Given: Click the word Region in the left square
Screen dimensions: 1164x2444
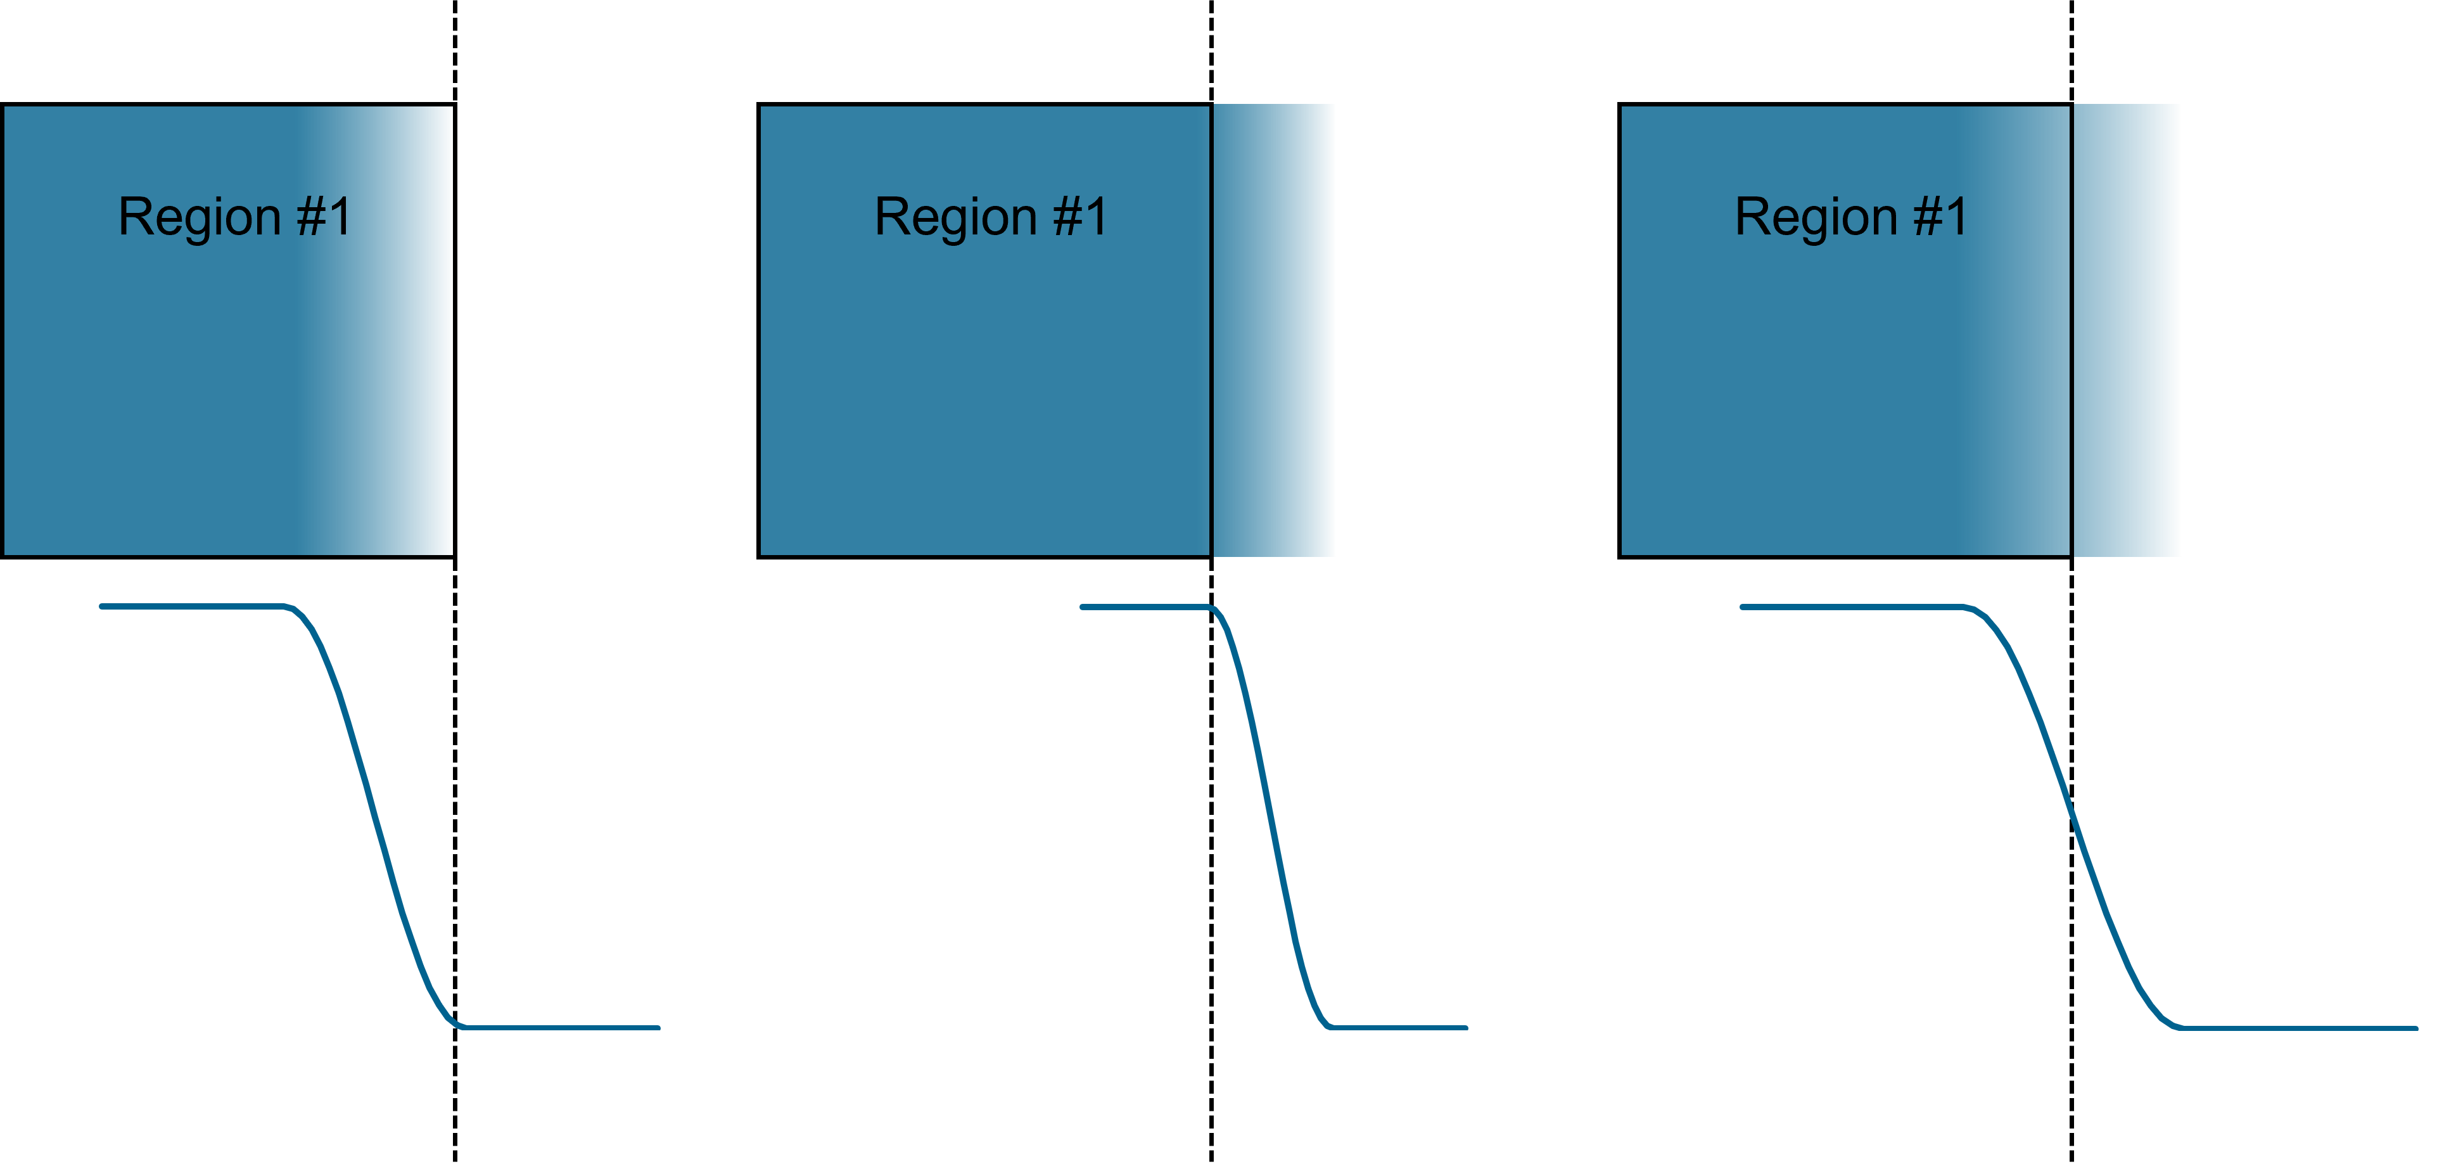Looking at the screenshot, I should point(200,218).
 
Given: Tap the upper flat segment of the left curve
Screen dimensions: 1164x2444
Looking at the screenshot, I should point(190,606).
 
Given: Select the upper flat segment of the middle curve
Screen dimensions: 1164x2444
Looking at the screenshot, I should point(1143,606).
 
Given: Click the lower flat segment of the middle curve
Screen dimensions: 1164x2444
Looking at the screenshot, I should point(1399,1027).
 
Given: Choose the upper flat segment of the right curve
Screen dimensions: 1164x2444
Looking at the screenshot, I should point(1850,606).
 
